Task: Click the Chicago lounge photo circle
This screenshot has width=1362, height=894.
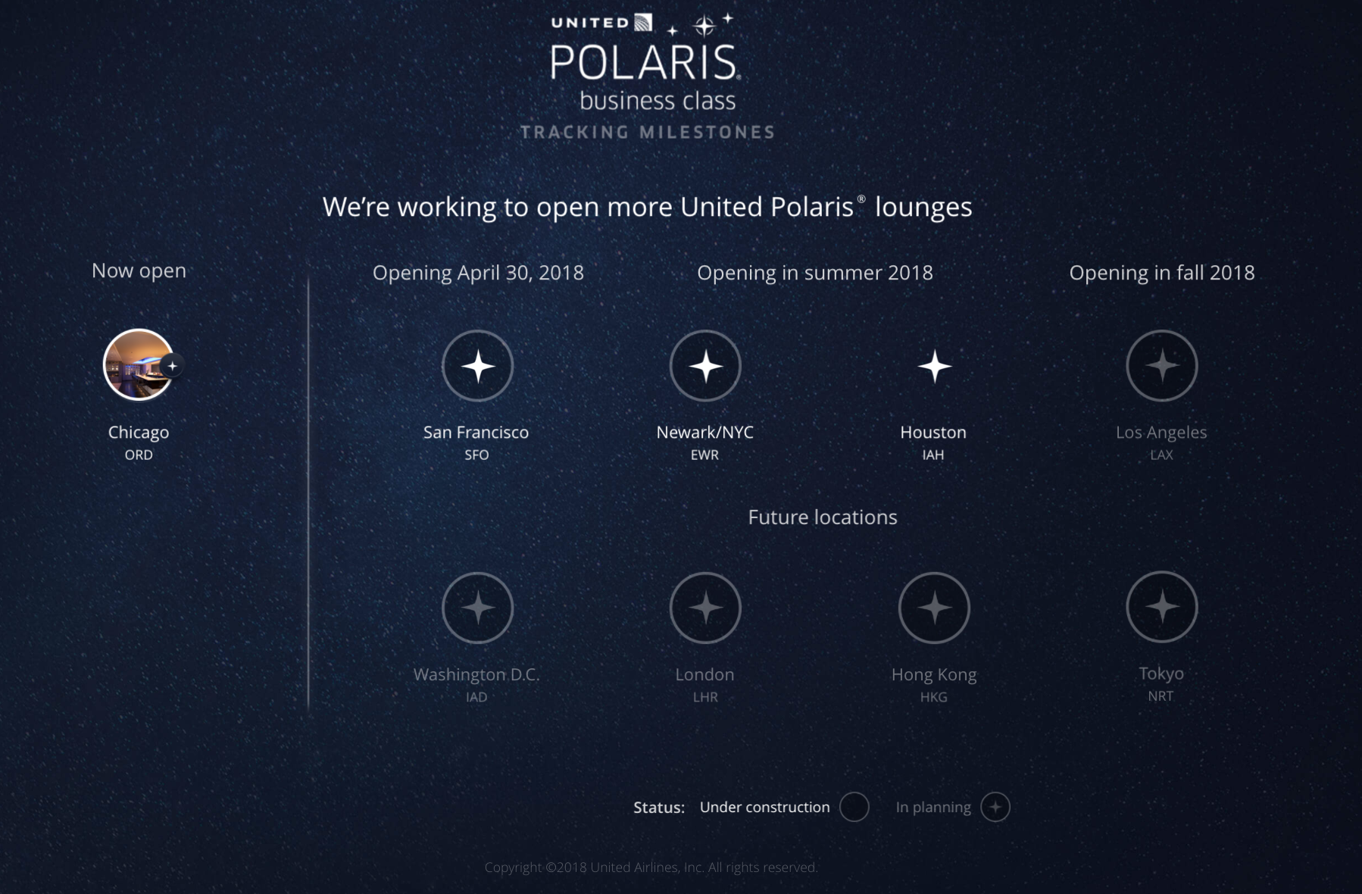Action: (x=139, y=364)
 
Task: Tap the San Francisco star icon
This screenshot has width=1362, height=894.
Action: (x=478, y=366)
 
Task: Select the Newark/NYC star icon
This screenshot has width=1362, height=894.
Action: (x=705, y=366)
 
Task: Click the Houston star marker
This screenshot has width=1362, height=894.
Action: (x=935, y=367)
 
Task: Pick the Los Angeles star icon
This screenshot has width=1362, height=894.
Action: (x=1162, y=366)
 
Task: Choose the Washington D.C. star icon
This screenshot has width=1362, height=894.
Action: (x=478, y=608)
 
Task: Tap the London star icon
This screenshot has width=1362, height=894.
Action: (x=705, y=608)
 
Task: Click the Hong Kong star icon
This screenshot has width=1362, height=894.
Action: (x=934, y=608)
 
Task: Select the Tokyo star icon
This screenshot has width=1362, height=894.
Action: (x=1162, y=607)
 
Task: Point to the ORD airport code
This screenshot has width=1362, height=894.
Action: (x=139, y=455)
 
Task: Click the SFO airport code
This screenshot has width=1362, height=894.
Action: (x=476, y=455)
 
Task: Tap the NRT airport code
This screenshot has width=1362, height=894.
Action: (x=1161, y=696)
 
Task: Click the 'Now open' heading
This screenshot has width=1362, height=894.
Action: (x=139, y=270)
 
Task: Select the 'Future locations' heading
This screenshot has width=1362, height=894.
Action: (x=823, y=517)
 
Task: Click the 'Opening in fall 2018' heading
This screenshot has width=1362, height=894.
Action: (x=1162, y=273)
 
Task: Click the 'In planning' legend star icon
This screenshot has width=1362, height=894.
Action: (x=995, y=807)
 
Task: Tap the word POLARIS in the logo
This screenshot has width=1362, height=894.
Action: (x=645, y=61)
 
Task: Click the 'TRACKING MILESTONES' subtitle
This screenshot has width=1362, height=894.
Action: (x=648, y=133)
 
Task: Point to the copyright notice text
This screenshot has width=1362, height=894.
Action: (x=651, y=867)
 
